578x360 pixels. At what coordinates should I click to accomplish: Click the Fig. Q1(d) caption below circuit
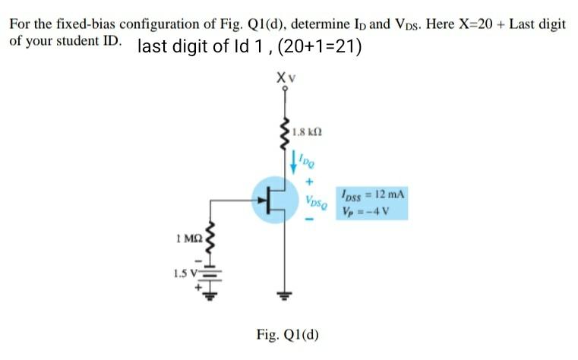[288, 334]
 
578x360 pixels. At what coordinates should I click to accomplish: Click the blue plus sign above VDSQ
[309, 183]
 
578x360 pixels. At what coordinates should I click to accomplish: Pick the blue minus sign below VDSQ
[309, 221]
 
